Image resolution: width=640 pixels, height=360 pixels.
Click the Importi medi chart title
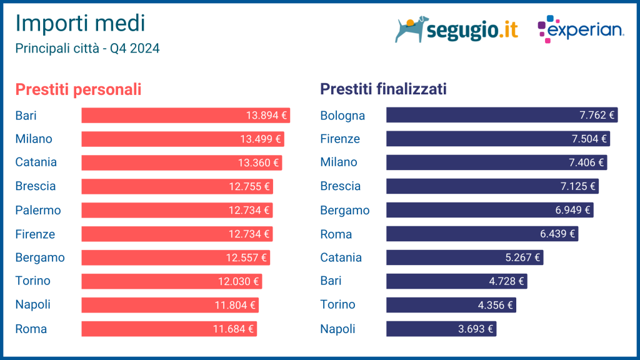79,23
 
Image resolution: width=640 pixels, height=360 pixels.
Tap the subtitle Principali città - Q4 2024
87,48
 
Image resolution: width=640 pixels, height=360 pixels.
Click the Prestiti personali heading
78,89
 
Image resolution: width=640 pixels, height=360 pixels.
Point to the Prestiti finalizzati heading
383,89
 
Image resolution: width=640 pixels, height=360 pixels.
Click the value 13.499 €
261,139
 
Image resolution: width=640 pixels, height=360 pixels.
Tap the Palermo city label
38,210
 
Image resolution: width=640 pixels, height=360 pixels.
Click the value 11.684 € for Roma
233,329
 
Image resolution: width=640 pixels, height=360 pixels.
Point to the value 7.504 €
589,139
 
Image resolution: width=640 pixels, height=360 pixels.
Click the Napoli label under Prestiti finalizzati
337,329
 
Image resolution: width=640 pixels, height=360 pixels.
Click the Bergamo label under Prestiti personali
40,257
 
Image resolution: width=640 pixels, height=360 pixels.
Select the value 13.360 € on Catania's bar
259,162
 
